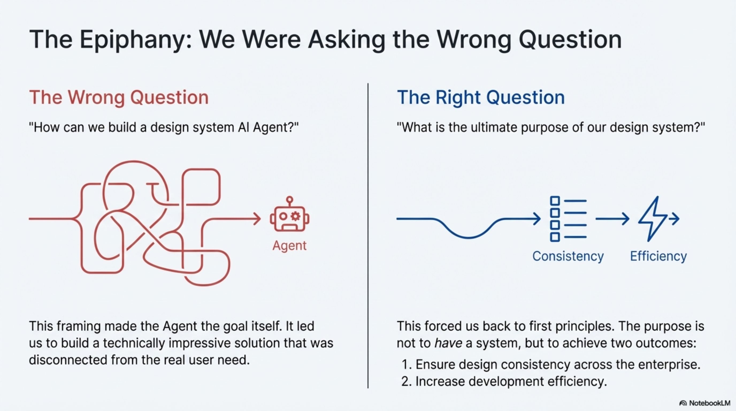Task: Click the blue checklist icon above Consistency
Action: click(x=568, y=219)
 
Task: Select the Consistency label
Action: click(x=568, y=256)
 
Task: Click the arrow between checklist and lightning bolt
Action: click(x=612, y=219)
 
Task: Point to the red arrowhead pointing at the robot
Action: click(x=257, y=219)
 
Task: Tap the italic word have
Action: click(x=448, y=343)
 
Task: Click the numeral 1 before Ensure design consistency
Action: click(x=405, y=365)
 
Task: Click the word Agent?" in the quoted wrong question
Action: click(x=276, y=127)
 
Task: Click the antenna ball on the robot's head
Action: click(x=289, y=199)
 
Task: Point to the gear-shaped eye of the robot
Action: click(x=296, y=216)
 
